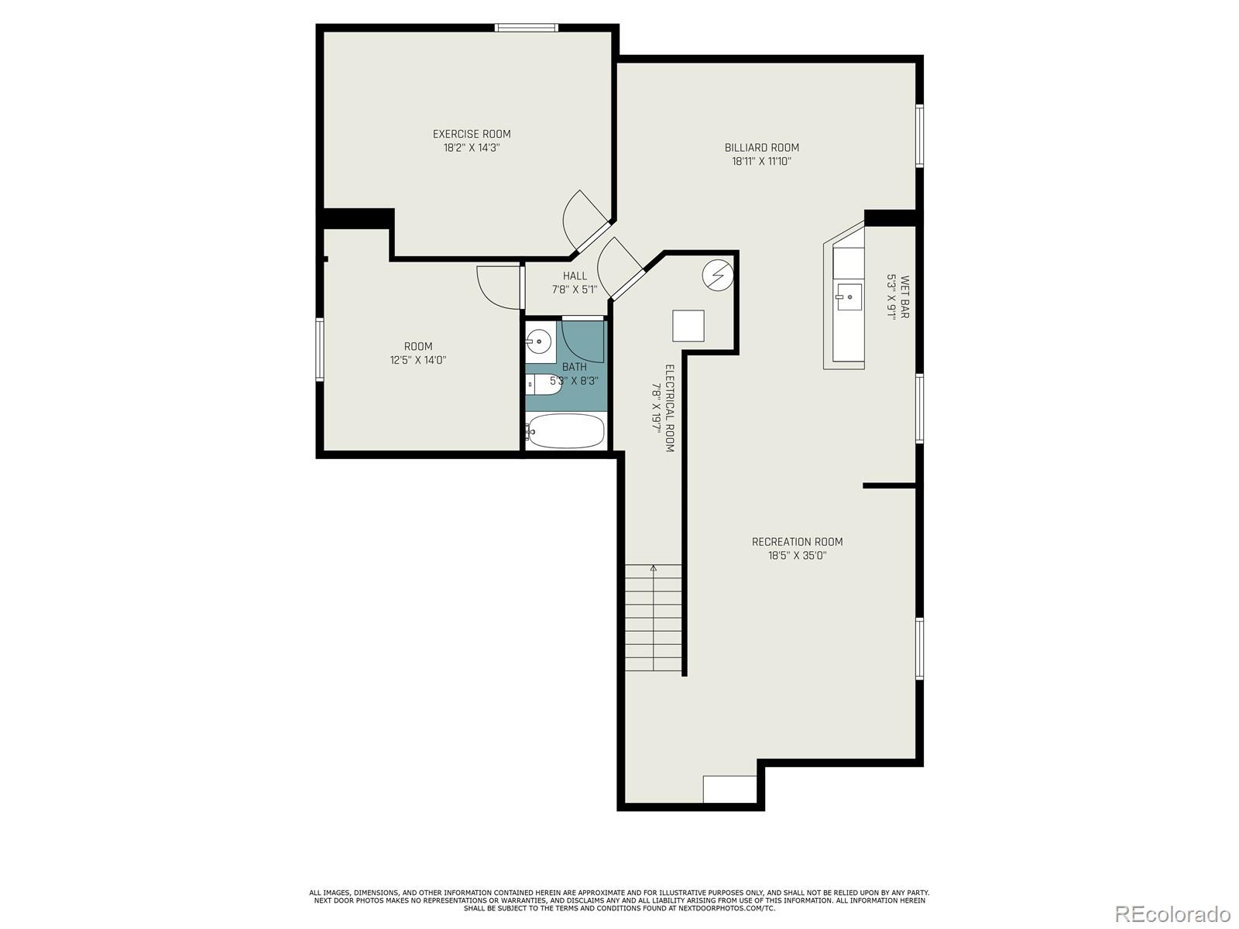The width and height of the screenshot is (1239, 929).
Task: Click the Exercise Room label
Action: pos(472,134)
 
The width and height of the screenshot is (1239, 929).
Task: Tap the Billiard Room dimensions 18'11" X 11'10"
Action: pos(761,161)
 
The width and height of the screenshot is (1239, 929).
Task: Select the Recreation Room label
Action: pos(797,541)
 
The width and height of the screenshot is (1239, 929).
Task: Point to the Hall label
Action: pos(575,276)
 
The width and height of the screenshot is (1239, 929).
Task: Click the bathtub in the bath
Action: pos(565,431)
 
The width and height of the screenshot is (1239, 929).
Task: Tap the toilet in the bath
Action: pos(543,385)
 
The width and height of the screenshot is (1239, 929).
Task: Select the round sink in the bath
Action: pos(538,341)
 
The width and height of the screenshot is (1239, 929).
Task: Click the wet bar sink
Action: pos(849,297)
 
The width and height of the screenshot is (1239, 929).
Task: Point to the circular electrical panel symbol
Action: pos(717,276)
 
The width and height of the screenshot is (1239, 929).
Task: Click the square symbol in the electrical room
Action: pos(688,325)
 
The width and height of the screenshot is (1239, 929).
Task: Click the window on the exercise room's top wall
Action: pos(527,28)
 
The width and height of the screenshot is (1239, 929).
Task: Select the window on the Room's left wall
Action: pos(320,350)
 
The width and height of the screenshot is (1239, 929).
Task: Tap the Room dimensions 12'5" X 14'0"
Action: pos(417,360)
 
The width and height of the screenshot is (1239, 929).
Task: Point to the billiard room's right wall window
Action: pos(919,136)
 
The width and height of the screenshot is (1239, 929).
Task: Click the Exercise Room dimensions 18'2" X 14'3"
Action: pos(472,148)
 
